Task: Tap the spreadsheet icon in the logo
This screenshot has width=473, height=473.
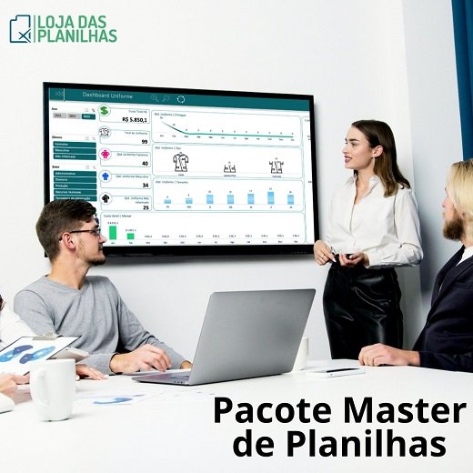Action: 20,28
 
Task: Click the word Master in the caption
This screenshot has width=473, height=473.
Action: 400,411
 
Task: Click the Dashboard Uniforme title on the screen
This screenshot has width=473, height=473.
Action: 108,95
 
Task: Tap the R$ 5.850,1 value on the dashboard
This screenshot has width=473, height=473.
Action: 134,118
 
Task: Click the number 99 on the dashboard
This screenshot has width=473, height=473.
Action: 144,141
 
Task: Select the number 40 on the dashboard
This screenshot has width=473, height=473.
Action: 144,163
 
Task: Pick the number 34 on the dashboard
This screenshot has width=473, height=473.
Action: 144,185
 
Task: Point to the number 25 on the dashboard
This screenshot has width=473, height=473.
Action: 144,206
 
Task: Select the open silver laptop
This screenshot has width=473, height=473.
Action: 241,337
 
